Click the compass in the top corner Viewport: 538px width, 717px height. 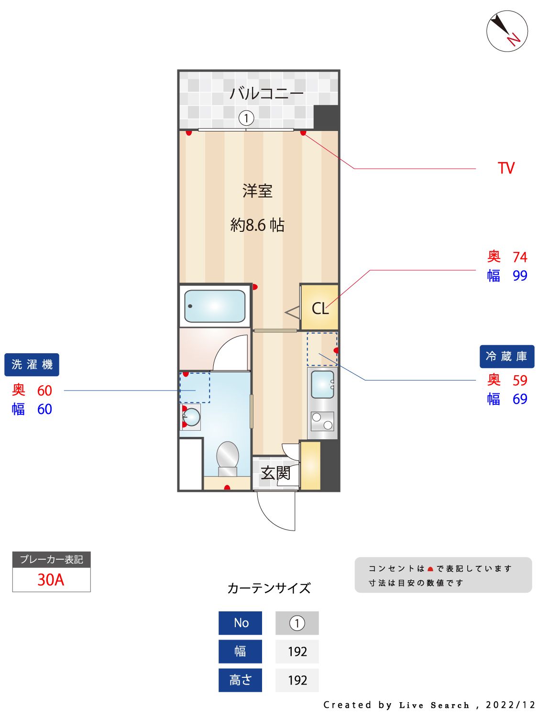coord(507,32)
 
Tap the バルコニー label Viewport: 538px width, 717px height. coord(266,93)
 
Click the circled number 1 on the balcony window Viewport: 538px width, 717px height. coord(246,118)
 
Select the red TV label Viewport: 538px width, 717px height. coord(506,168)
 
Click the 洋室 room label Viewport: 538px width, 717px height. coord(257,191)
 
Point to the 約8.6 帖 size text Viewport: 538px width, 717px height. coord(257,225)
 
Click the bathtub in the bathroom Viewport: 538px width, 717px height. coord(215,306)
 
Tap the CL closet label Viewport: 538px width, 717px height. coord(320,309)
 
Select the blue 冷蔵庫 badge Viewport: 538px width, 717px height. coord(506,357)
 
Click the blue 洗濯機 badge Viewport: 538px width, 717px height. coord(32,365)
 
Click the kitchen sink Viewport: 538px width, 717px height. coord(322,384)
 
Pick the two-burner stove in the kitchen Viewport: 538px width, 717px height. coord(322,421)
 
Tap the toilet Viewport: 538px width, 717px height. coord(228,457)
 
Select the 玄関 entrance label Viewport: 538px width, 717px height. coord(275,473)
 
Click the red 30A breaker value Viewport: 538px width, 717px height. coord(51,580)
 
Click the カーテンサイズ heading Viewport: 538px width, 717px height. coord(269,588)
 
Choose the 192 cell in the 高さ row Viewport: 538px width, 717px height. coord(297,680)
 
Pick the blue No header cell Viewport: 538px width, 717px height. coord(240,623)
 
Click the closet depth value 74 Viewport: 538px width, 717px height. coord(519,257)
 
